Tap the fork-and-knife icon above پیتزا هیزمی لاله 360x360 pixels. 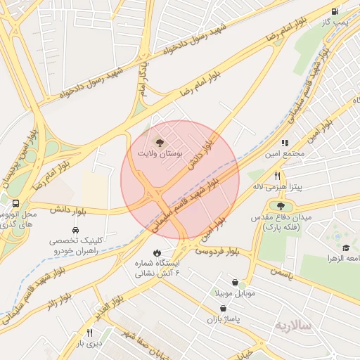click(278, 176)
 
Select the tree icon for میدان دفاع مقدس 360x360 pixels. click(281, 207)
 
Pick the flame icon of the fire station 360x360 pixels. click(157, 252)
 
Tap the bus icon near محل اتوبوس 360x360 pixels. click(16, 204)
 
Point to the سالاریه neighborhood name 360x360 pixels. click(292, 325)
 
